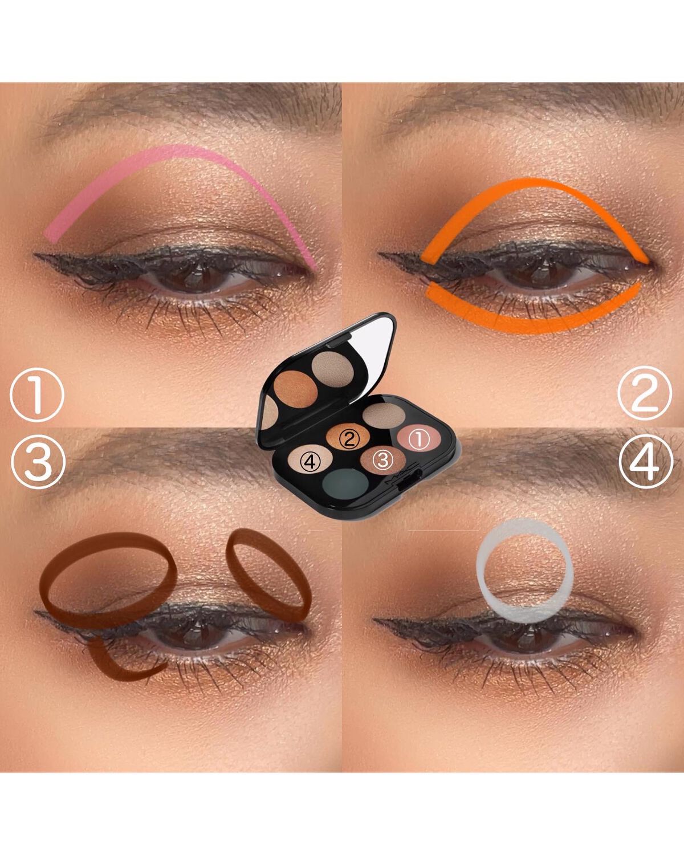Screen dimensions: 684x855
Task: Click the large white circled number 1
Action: click(x=36, y=395)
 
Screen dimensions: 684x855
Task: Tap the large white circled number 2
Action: click(x=645, y=393)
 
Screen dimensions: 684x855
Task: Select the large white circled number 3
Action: click(x=38, y=461)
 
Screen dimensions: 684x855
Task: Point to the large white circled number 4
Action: click(x=646, y=461)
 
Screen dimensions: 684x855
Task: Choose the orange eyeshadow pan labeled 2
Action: click(x=348, y=437)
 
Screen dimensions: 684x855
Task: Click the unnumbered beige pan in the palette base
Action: click(x=384, y=415)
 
